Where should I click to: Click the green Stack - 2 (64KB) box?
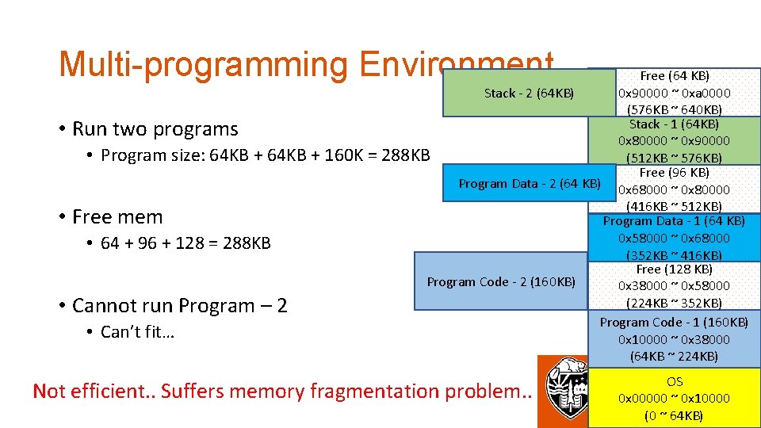coord(529,93)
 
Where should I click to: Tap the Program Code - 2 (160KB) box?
coord(501,281)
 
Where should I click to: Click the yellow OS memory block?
coord(674,398)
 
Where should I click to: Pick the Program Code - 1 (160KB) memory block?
coord(674,338)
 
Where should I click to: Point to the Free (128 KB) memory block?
coord(674,285)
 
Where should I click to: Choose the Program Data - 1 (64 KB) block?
coord(674,237)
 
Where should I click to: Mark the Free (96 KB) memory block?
coord(674,189)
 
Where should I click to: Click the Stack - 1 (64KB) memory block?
coord(674,140)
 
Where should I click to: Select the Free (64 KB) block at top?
coord(674,92)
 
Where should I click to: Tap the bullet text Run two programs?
coord(155,128)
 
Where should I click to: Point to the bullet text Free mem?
coord(117,216)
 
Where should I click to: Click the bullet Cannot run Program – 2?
coord(179,305)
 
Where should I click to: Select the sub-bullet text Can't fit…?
coord(137,332)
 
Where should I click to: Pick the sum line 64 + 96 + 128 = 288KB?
coord(185,243)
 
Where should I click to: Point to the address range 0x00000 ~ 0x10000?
coord(674,398)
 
